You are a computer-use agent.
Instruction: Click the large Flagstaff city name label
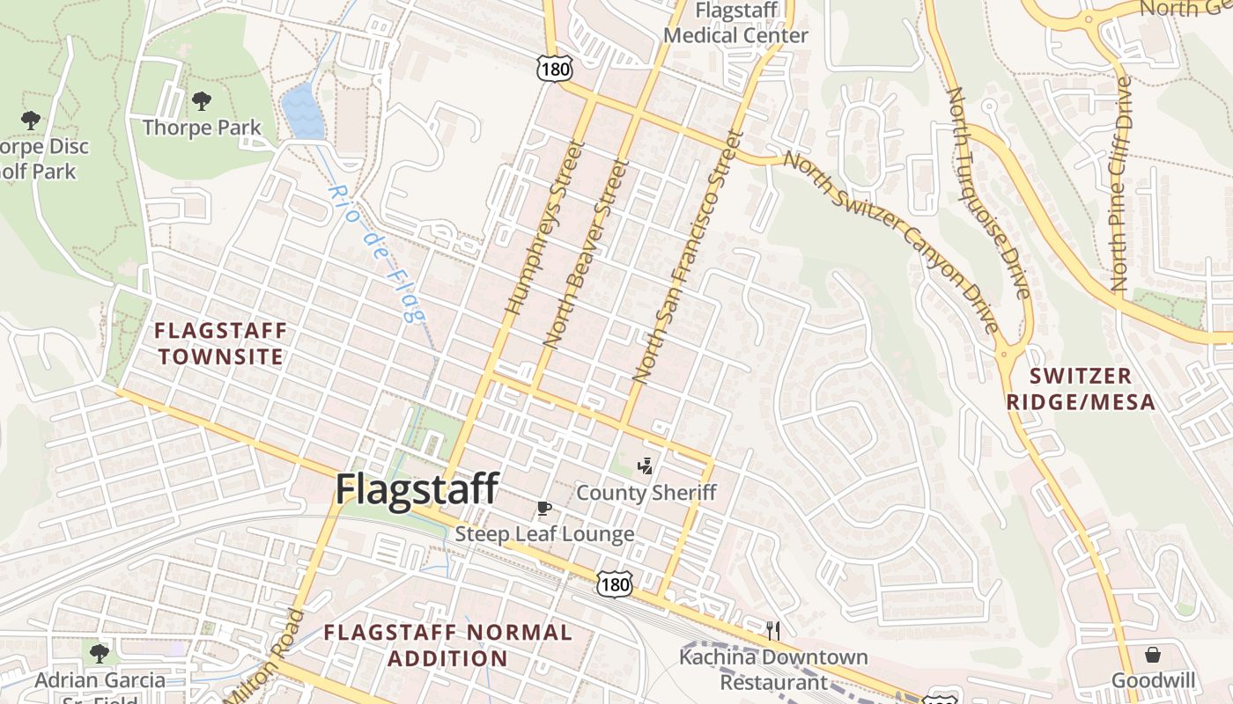pos(417,489)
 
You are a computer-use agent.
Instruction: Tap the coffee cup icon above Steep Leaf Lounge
pos(544,508)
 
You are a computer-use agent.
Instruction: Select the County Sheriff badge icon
pos(646,466)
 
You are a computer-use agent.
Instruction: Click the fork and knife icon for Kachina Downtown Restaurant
pos(772,630)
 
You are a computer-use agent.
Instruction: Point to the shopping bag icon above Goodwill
pos(1152,655)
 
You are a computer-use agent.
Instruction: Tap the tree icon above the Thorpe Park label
pos(202,100)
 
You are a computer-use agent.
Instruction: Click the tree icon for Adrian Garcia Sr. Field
pos(100,653)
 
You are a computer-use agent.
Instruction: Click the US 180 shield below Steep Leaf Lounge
pos(613,583)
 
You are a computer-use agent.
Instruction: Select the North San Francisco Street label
pos(689,256)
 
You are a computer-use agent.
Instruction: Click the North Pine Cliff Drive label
pos(1121,184)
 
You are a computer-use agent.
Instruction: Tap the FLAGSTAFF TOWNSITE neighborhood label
pos(220,344)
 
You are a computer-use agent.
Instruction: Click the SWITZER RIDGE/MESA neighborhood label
pos(1093,389)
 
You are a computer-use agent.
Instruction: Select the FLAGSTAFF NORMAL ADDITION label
pos(447,645)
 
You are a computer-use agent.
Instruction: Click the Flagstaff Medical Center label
pos(735,24)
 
